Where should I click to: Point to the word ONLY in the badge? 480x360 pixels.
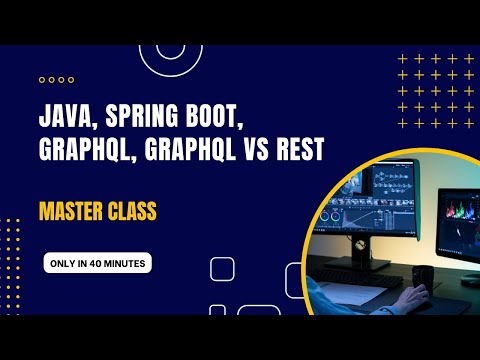(x=63, y=264)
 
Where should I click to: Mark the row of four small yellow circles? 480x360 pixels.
(x=56, y=79)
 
